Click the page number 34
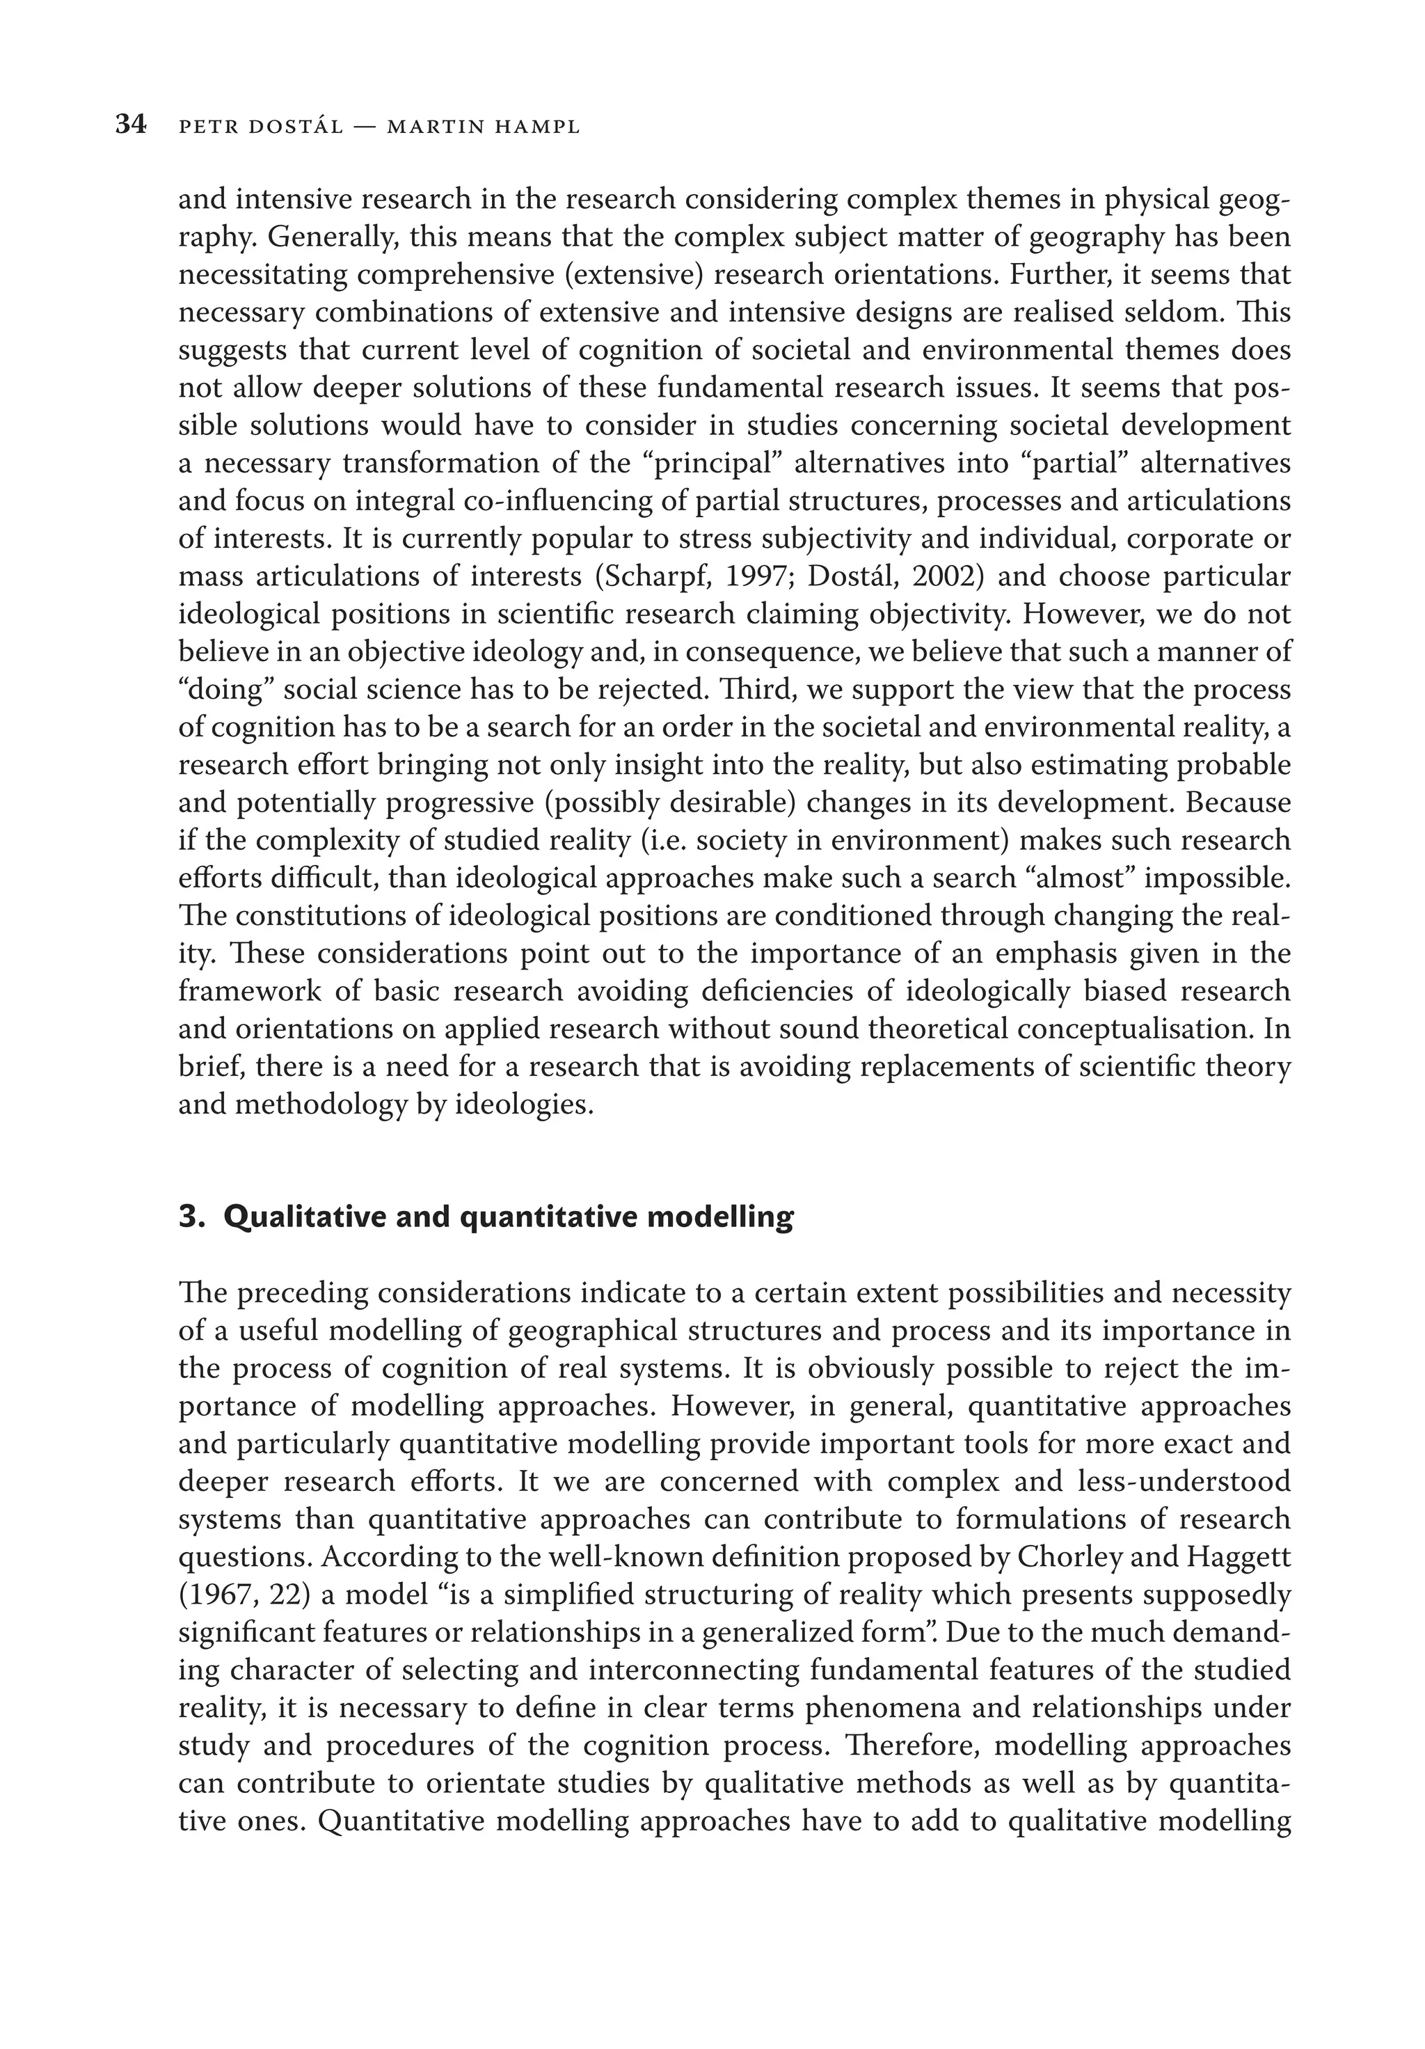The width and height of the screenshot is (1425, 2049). point(130,125)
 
